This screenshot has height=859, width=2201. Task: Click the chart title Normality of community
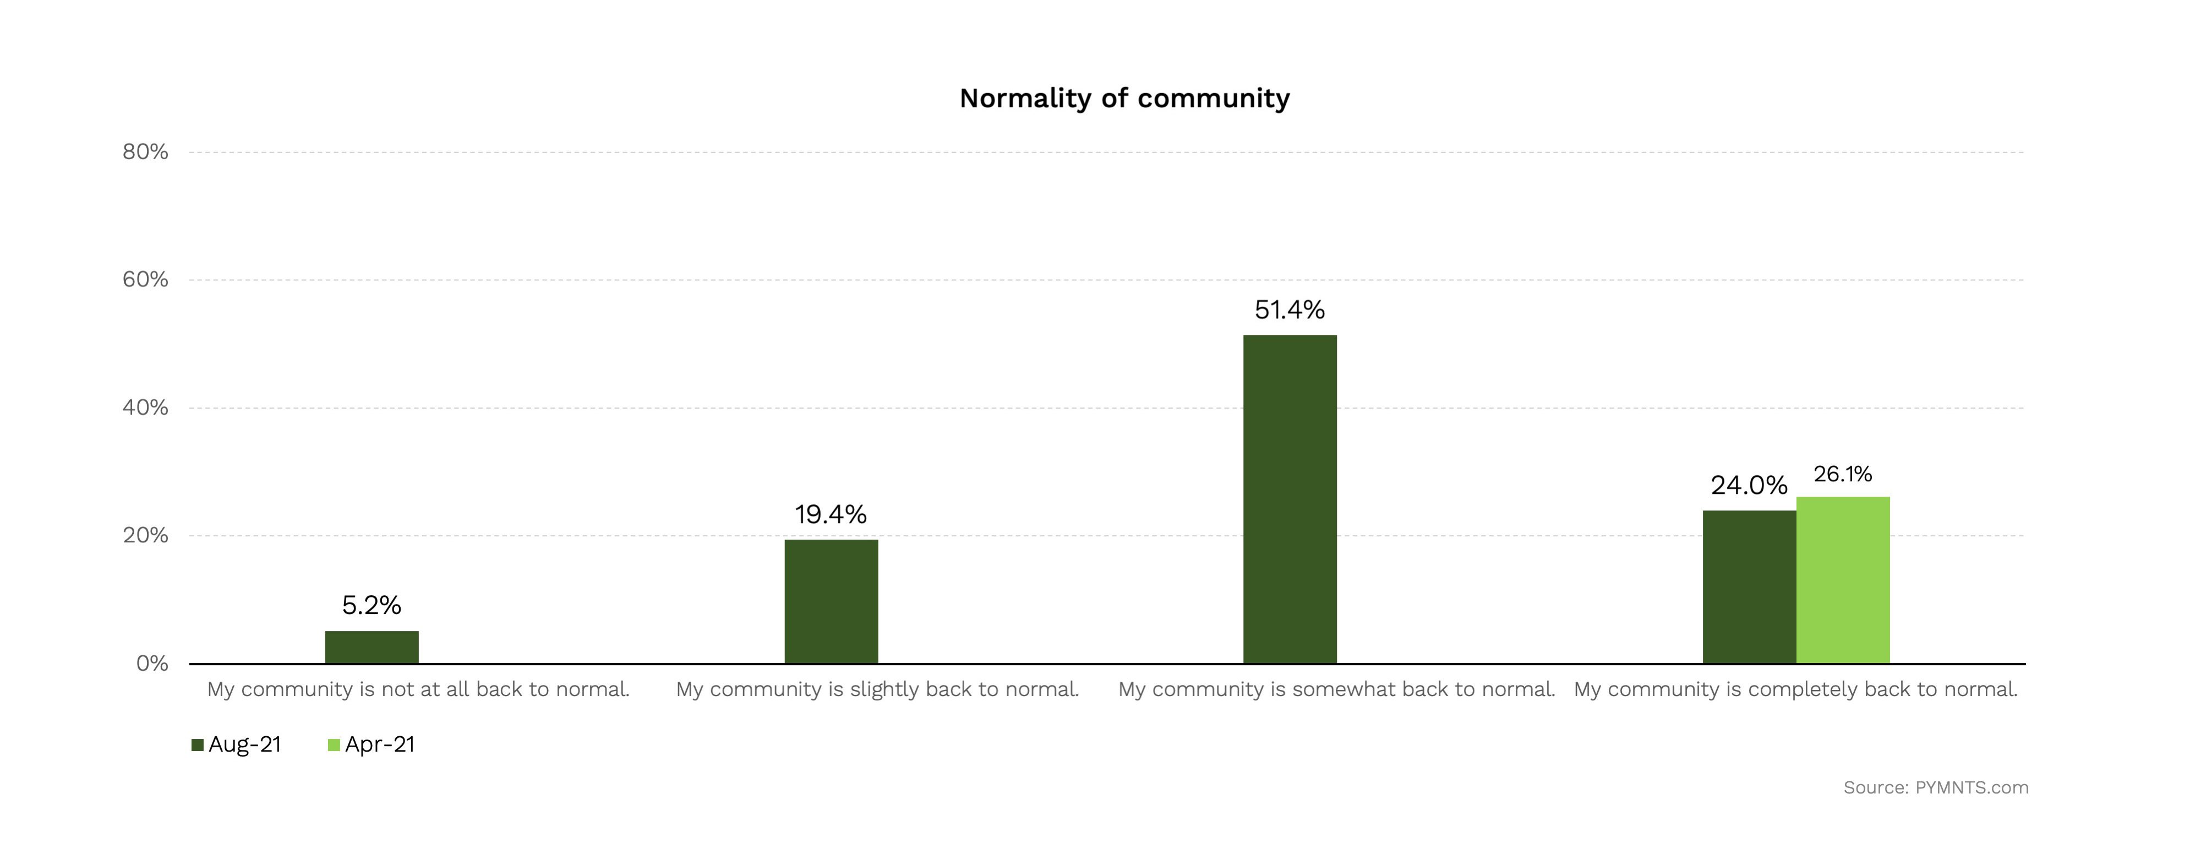(x=1124, y=99)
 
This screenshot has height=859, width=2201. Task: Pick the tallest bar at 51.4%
(x=1290, y=499)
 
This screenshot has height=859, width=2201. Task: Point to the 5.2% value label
(x=372, y=605)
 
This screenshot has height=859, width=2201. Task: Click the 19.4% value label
(x=831, y=514)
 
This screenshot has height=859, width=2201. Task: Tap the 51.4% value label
(x=1290, y=309)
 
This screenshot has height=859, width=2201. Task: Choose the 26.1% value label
(x=1843, y=474)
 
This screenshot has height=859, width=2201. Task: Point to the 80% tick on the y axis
(x=145, y=152)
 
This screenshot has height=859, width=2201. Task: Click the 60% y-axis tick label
(x=145, y=280)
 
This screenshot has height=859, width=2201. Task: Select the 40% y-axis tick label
(x=145, y=407)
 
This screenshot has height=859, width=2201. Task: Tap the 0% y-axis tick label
(x=152, y=664)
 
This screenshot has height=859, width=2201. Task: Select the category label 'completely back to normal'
(x=1795, y=690)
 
